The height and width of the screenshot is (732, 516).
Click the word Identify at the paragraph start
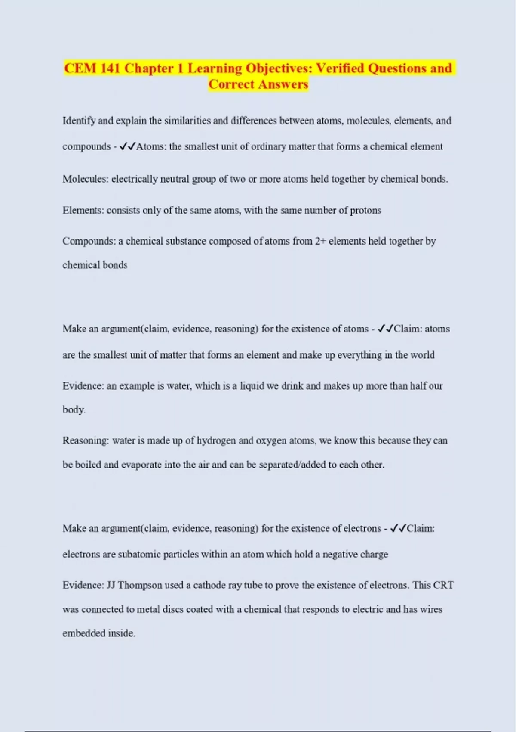click(79, 121)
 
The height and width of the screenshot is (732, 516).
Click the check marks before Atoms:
click(127, 146)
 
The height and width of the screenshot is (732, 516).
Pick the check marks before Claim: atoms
click(385, 329)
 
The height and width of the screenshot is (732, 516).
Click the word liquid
click(252, 386)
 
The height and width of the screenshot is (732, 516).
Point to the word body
click(74, 409)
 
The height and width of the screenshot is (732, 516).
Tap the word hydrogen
click(216, 440)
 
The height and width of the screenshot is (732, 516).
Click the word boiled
click(88, 465)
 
